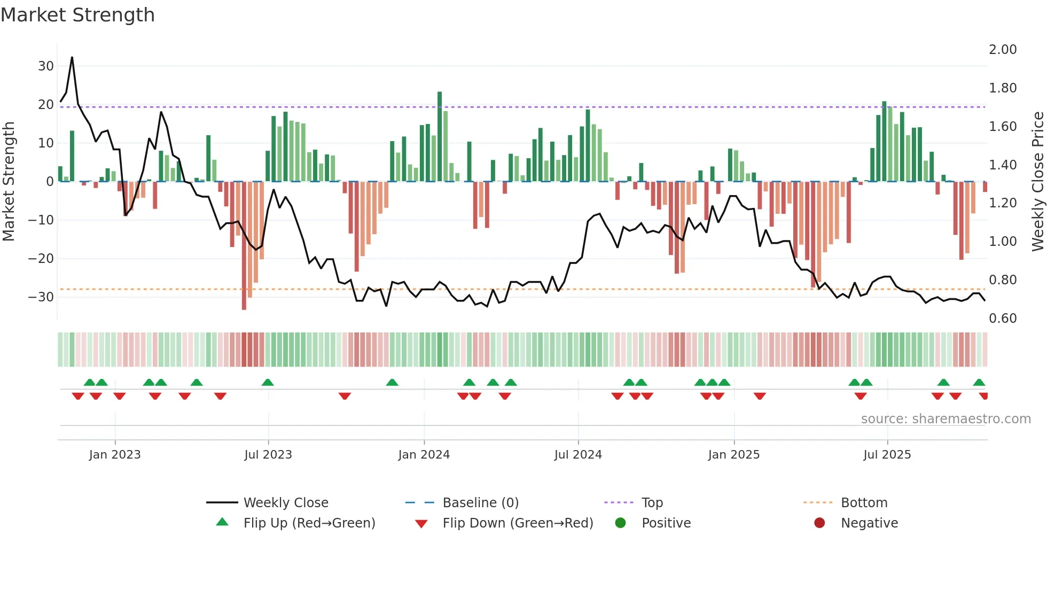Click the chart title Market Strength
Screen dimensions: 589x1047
coord(77,15)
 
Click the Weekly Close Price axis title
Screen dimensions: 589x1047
coord(1037,182)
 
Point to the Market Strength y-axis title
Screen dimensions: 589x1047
coord(9,182)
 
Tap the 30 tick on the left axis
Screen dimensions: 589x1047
coord(46,66)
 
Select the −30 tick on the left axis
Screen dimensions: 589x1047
coord(41,297)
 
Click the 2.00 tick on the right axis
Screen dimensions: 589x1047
coord(1003,50)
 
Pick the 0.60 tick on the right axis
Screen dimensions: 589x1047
coord(1003,319)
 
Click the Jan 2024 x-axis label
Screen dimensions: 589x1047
coord(424,455)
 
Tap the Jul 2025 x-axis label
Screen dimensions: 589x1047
coord(887,455)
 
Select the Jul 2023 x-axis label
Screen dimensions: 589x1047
coord(268,455)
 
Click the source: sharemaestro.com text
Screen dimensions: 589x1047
coord(946,419)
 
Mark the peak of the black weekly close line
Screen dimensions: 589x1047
coord(72,57)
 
